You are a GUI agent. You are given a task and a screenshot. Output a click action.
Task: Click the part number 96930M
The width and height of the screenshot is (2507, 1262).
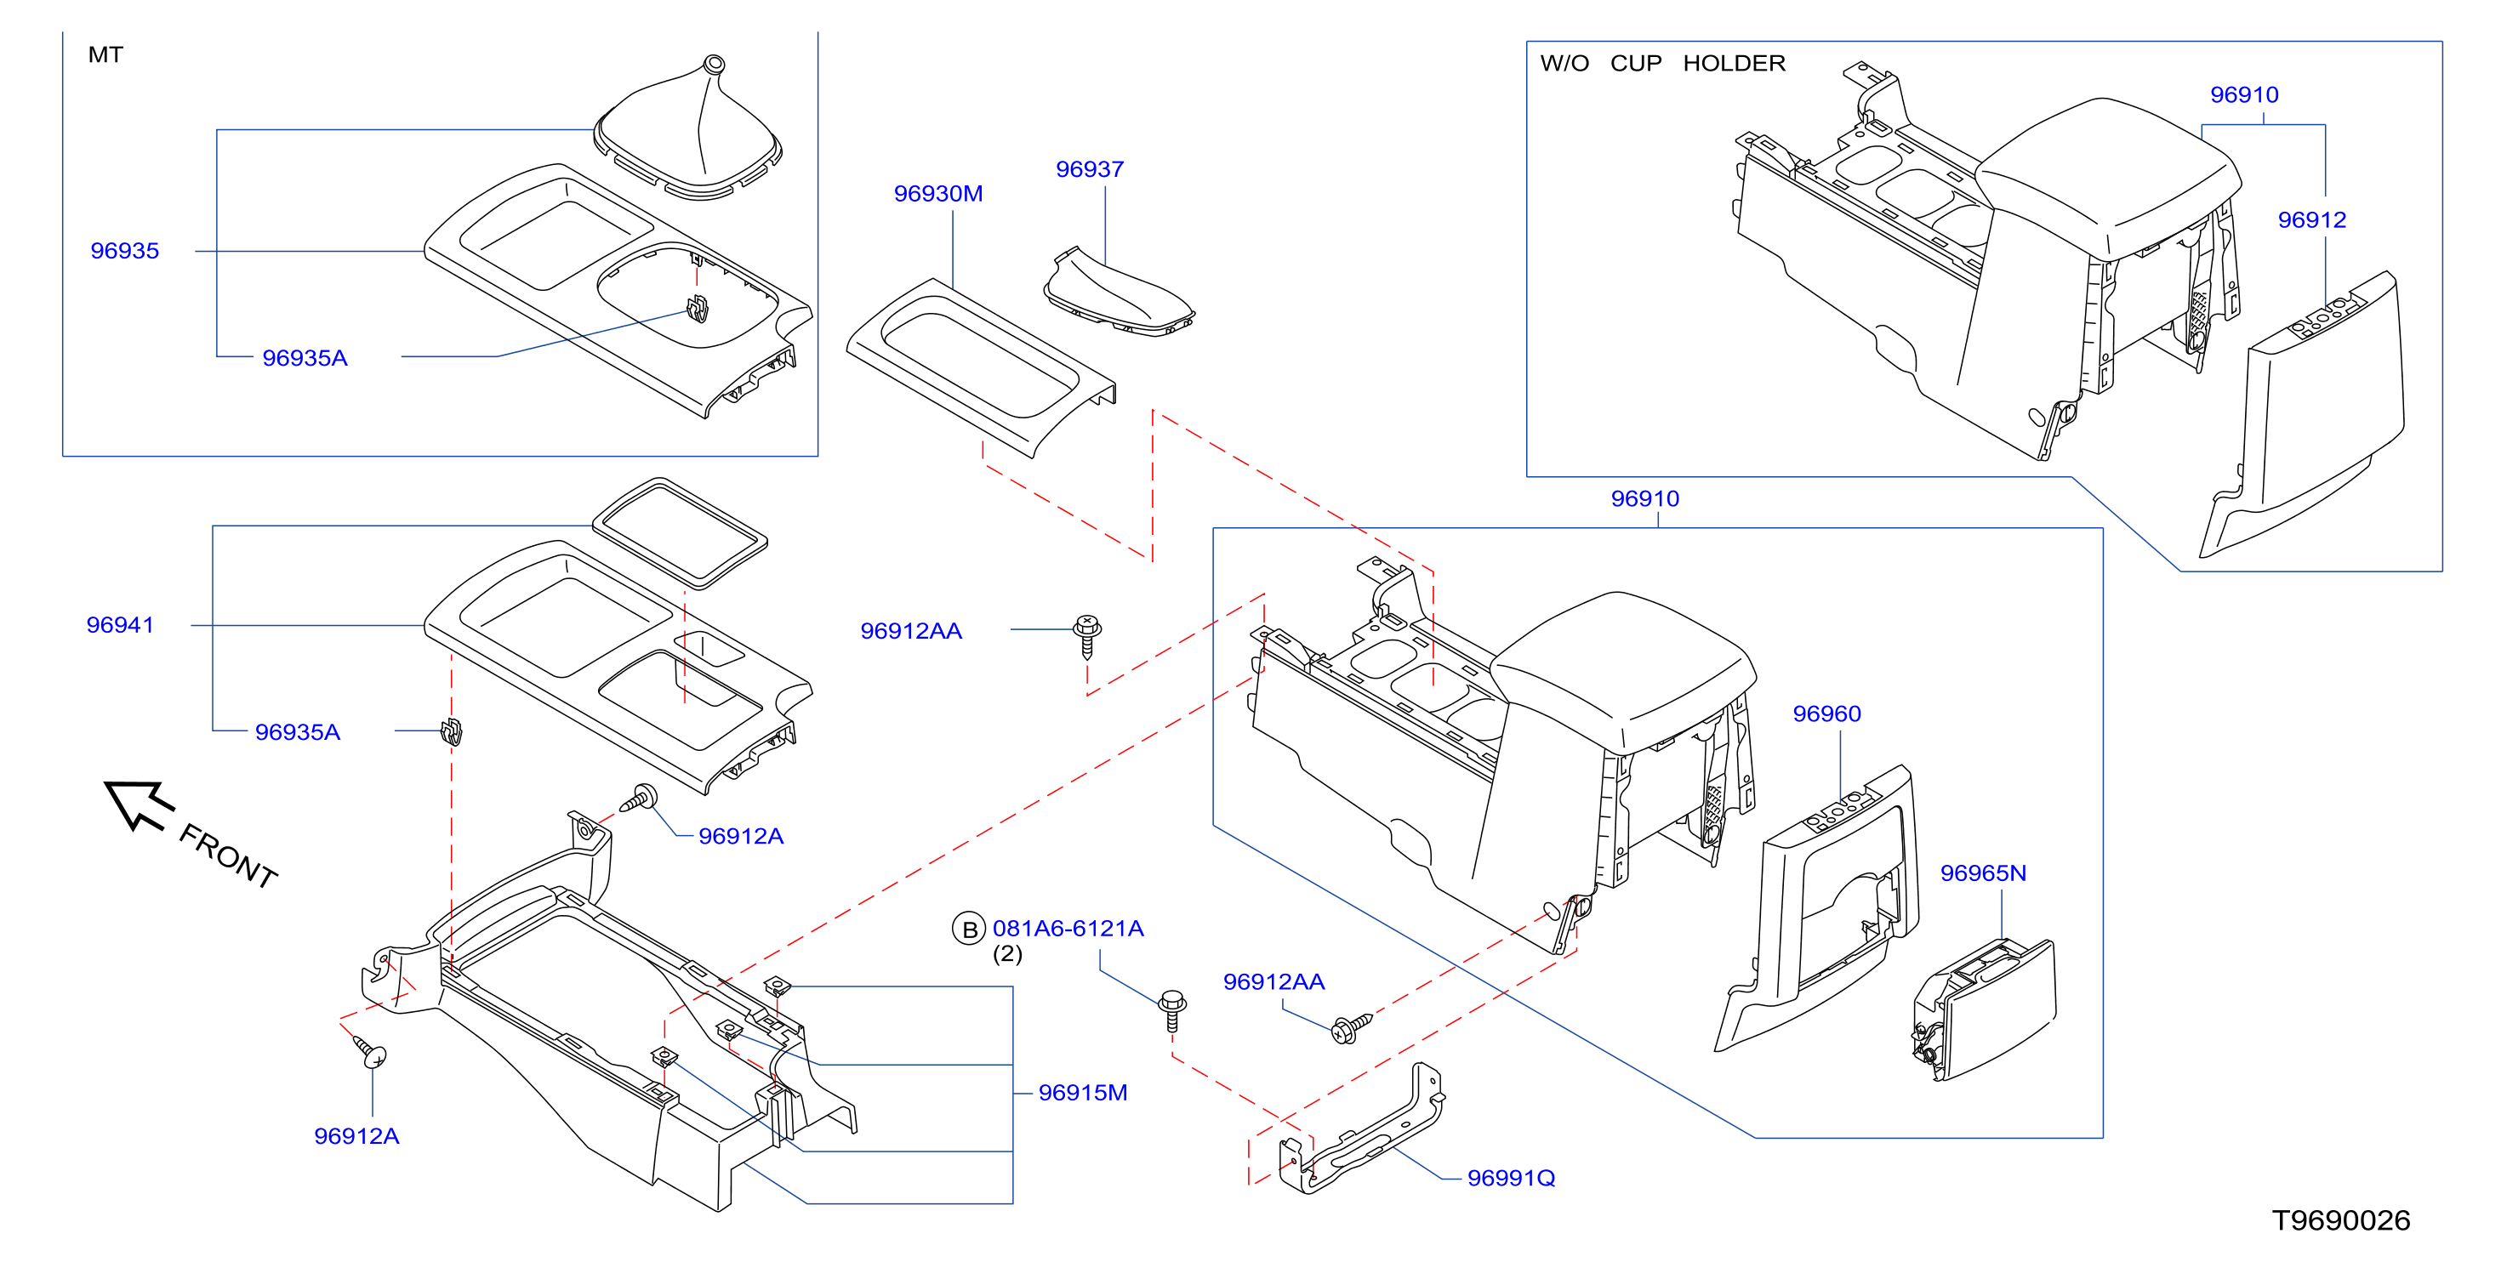pyautogui.click(x=938, y=194)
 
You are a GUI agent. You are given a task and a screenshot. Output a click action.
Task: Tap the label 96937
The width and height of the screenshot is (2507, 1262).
pyautogui.click(x=1089, y=169)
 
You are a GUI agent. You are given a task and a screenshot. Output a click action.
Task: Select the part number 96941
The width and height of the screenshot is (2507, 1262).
pyautogui.click(x=120, y=625)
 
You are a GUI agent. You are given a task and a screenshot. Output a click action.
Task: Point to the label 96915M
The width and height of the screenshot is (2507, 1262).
pyautogui.click(x=1082, y=1093)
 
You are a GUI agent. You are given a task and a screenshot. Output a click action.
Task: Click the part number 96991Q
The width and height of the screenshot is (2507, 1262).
pyautogui.click(x=1511, y=1179)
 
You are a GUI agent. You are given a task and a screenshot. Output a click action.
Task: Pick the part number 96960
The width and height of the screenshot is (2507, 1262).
pyautogui.click(x=1826, y=713)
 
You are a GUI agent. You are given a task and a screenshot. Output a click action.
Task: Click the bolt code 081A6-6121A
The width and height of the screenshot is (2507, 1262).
pyautogui.click(x=1068, y=929)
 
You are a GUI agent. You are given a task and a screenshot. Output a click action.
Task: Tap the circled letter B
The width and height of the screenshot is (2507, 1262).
pyautogui.click(x=968, y=929)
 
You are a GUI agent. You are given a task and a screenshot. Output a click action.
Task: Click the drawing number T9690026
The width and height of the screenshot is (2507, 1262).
pyautogui.click(x=2340, y=1220)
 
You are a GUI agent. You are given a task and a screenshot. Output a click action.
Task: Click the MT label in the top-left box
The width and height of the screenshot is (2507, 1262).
pyautogui.click(x=105, y=54)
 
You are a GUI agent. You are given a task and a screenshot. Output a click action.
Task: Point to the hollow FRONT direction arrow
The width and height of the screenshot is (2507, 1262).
pyautogui.click(x=138, y=804)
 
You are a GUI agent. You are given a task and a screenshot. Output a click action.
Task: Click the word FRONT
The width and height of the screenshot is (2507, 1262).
pyautogui.click(x=229, y=856)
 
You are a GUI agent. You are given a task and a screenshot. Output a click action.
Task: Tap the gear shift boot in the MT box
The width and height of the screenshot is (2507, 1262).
pyautogui.click(x=688, y=128)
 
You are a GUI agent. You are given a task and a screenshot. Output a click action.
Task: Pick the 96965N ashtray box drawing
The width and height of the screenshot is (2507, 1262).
pyautogui.click(x=1984, y=1010)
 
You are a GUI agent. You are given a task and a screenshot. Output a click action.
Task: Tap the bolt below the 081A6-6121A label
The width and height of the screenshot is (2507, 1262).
pyautogui.click(x=1171, y=1010)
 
